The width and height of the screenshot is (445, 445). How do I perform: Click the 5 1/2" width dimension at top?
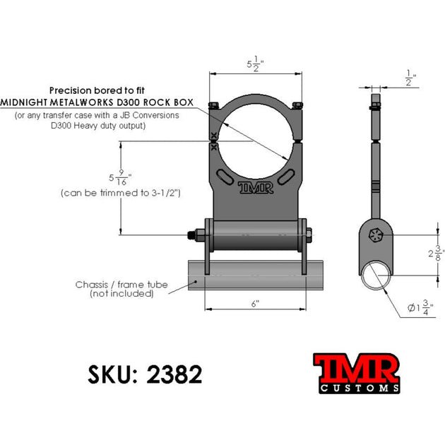pos(256,65)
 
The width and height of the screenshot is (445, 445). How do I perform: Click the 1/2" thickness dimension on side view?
pos(410,76)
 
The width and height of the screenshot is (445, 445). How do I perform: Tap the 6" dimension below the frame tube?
pos(255,303)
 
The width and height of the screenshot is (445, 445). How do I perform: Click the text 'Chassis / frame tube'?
pos(121,285)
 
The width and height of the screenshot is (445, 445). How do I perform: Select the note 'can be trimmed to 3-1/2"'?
pos(122,192)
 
